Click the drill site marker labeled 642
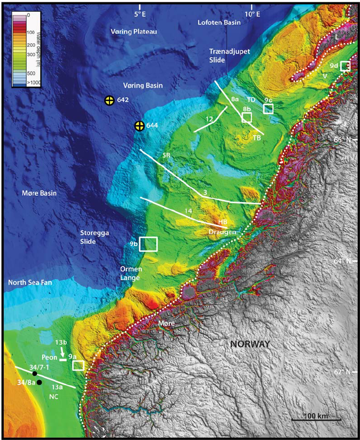click(x=109, y=100)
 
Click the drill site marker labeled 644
click(x=139, y=126)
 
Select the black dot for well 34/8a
click(x=39, y=383)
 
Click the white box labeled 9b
click(x=149, y=244)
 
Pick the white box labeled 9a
click(x=78, y=365)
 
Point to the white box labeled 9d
click(x=345, y=66)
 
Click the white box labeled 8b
click(x=247, y=117)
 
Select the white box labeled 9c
click(x=268, y=109)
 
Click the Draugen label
click(x=222, y=232)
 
